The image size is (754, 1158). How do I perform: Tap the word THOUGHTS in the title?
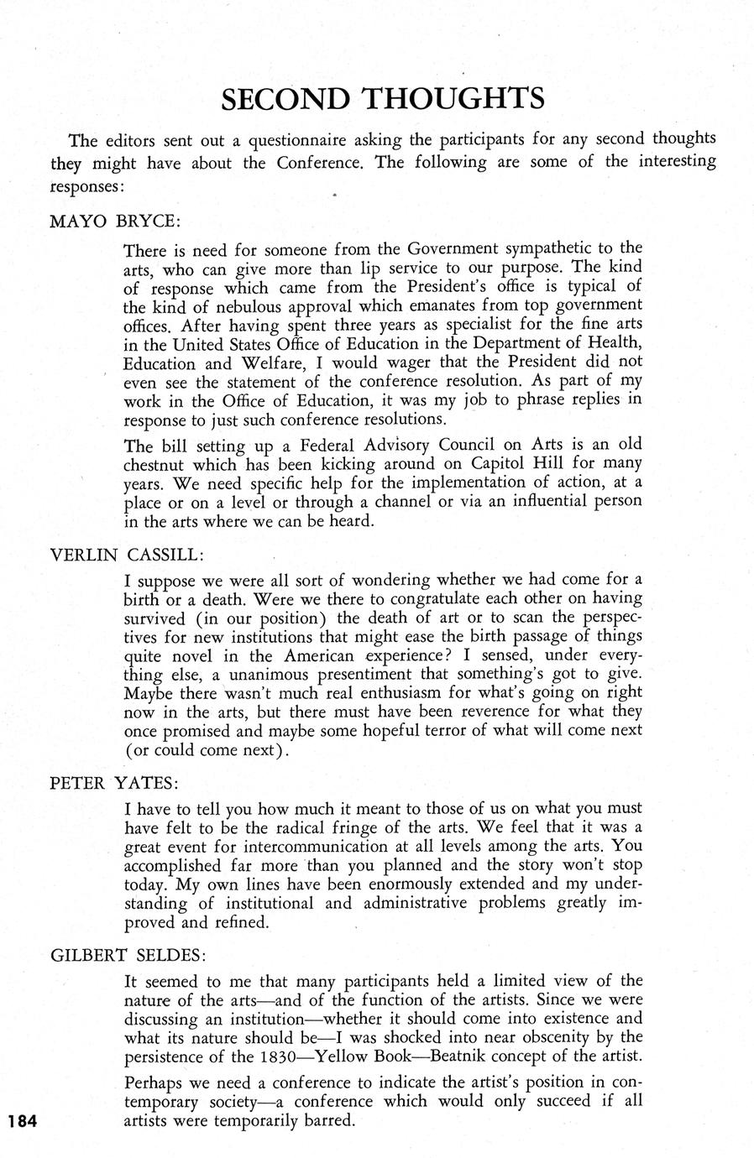point(454,99)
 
